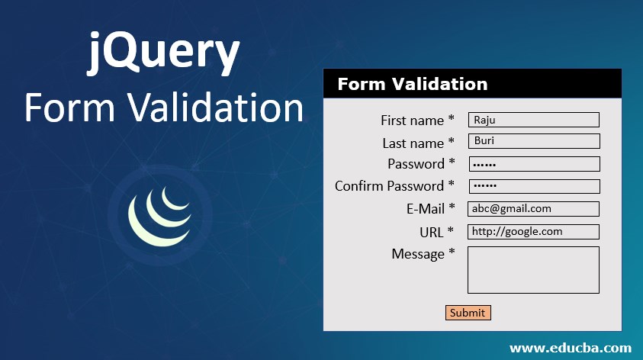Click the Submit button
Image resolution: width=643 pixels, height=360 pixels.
pyautogui.click(x=468, y=313)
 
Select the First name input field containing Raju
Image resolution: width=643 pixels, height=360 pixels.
pyautogui.click(x=533, y=120)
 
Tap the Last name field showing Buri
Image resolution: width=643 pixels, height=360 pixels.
pyautogui.click(x=533, y=141)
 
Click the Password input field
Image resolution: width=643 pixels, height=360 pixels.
pyautogui.click(x=533, y=164)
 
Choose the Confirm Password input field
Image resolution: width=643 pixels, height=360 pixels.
pyautogui.click(x=533, y=186)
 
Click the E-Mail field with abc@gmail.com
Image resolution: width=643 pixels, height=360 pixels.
pyautogui.click(x=533, y=208)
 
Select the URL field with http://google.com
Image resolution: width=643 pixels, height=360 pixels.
pyautogui.click(x=533, y=231)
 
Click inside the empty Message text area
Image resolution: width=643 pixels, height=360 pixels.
pyautogui.click(x=533, y=269)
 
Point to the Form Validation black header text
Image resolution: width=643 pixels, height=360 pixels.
pyautogui.click(x=413, y=84)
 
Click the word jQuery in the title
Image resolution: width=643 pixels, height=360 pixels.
pyautogui.click(x=163, y=55)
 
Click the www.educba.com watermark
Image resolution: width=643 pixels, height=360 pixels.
pyautogui.click(x=570, y=348)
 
